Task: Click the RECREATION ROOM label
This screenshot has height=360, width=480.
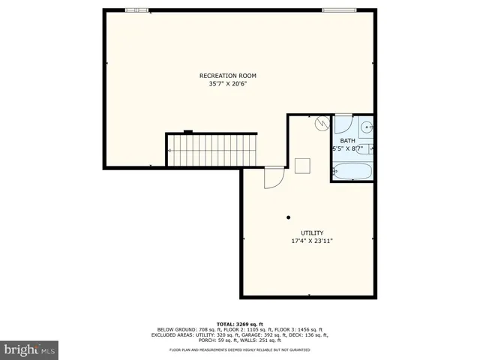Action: (227, 76)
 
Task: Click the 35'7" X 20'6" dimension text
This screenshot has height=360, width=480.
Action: (227, 84)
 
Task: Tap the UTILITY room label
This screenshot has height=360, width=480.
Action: (312, 232)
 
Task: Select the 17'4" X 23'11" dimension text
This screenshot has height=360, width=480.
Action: (312, 241)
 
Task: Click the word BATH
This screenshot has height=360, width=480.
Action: (348, 141)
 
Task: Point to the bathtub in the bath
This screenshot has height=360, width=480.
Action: (352, 172)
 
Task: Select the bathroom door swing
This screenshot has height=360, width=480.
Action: (343, 121)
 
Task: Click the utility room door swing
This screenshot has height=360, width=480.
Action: (273, 178)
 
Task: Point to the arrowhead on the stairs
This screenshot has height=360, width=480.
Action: (171, 151)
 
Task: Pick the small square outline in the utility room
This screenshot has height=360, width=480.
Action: (303, 165)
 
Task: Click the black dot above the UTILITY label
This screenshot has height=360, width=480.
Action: (288, 217)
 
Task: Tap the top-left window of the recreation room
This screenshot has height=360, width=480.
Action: (136, 10)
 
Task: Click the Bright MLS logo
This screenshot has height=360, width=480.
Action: (30, 349)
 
